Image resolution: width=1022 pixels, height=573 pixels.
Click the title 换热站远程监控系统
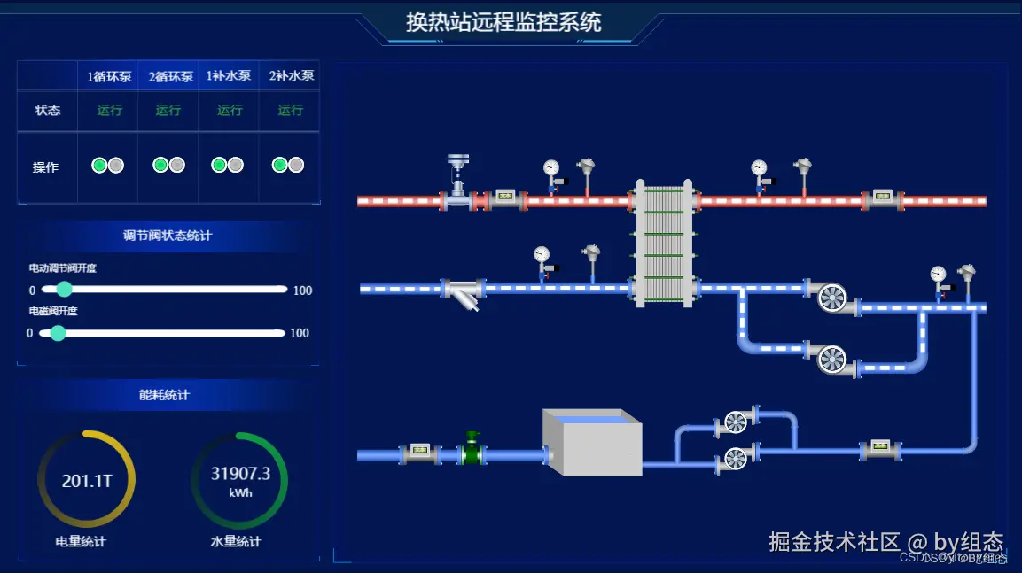click(503, 21)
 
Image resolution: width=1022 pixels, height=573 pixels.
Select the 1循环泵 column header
click(109, 77)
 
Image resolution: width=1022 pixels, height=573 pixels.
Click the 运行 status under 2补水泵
click(291, 111)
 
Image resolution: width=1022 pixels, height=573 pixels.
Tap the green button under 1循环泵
click(99, 166)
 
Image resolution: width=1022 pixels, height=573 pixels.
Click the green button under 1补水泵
click(219, 166)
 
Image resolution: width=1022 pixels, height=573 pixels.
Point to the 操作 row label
click(46, 167)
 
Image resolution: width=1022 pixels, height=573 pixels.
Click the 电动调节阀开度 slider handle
click(64, 290)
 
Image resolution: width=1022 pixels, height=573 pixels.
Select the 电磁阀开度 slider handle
click(59, 333)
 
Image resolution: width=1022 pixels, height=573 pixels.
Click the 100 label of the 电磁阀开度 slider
click(300, 333)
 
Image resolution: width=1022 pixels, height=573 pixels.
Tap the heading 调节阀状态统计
click(168, 236)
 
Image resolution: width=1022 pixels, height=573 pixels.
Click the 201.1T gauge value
click(87, 481)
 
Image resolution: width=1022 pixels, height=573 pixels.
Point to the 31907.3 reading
click(240, 474)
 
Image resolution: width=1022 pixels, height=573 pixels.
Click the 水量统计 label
click(236, 541)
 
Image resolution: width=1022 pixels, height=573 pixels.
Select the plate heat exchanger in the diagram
click(662, 243)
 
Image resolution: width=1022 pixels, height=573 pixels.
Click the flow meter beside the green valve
click(419, 453)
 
